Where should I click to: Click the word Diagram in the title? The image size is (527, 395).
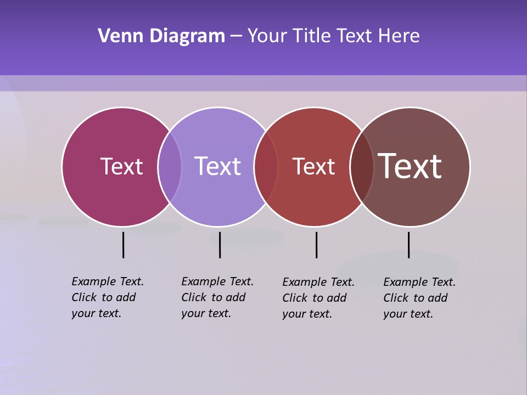[x=187, y=36]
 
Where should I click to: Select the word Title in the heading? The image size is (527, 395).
[x=312, y=36]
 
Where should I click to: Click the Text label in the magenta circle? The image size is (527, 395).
[x=121, y=166]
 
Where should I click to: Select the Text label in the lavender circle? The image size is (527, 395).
[x=218, y=166]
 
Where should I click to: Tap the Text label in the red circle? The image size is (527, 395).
[x=313, y=166]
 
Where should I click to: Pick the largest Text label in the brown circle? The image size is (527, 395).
[x=410, y=166]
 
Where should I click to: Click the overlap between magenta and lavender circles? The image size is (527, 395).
[x=170, y=166]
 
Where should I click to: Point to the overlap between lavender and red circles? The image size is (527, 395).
[x=266, y=166]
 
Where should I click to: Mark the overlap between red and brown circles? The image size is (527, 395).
[x=362, y=166]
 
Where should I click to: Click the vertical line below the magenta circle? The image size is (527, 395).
[x=123, y=245]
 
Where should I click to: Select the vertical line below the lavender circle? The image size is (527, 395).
[x=220, y=245]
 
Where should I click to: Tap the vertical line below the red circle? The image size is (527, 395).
[x=316, y=245]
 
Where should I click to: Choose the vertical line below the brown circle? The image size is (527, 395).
[x=408, y=245]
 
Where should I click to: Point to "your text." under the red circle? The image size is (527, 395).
[x=307, y=314]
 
